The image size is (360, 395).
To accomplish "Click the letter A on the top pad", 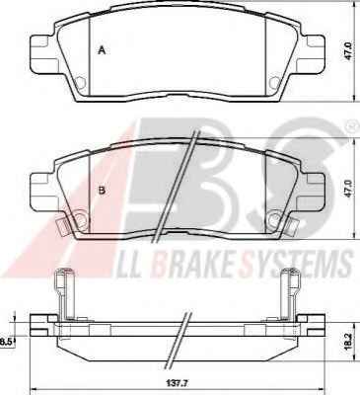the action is pyautogui.click(x=103, y=50).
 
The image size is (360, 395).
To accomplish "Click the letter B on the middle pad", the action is pyautogui.click(x=103, y=190).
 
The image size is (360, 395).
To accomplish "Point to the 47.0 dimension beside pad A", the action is pyautogui.click(x=348, y=50).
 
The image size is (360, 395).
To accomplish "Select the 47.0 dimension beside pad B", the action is pyautogui.click(x=348, y=190).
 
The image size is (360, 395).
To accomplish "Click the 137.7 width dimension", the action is pyautogui.click(x=180, y=383).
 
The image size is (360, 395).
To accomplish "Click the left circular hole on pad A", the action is pyautogui.click(x=80, y=82).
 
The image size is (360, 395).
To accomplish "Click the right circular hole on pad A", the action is pyautogui.click(x=274, y=82).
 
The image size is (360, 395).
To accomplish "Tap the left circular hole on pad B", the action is pyautogui.click(x=81, y=218).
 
